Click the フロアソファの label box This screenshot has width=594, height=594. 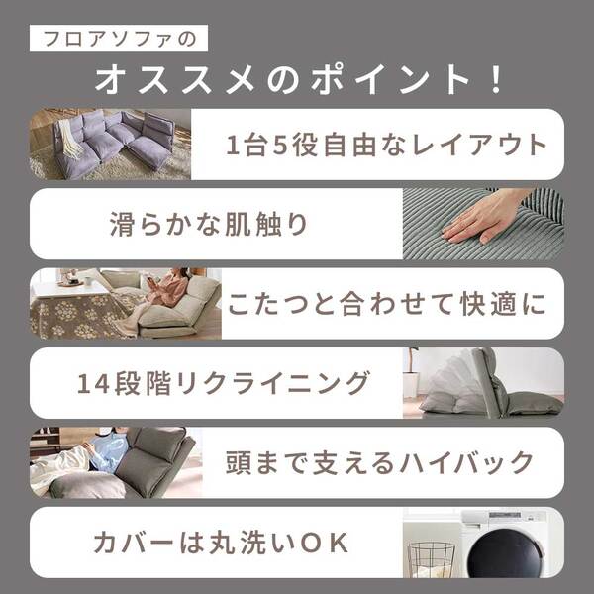(119, 39)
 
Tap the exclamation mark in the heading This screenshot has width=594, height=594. (496, 80)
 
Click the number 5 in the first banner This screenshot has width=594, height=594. (279, 145)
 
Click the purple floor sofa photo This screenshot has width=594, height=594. (110, 145)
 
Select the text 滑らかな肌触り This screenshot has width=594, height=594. (209, 224)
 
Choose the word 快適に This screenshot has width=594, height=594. (503, 304)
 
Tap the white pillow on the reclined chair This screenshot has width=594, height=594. (447, 381)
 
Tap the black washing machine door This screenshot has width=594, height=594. (504, 553)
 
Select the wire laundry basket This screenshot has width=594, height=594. (431, 559)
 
